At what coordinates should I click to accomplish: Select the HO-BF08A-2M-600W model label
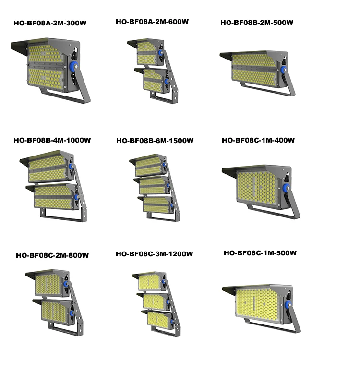152,22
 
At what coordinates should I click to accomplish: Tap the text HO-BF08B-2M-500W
257,23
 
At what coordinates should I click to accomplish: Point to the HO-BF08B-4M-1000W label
52,140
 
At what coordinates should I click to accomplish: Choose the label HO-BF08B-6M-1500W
155,141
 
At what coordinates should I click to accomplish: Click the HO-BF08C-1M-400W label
258,140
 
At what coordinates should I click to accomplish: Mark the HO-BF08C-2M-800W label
52,255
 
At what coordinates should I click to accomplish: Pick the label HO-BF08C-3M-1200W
154,254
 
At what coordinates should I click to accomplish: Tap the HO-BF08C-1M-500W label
260,253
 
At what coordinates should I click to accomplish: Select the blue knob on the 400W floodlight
287,188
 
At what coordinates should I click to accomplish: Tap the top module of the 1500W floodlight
149,166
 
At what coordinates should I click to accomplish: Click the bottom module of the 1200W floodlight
156,319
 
